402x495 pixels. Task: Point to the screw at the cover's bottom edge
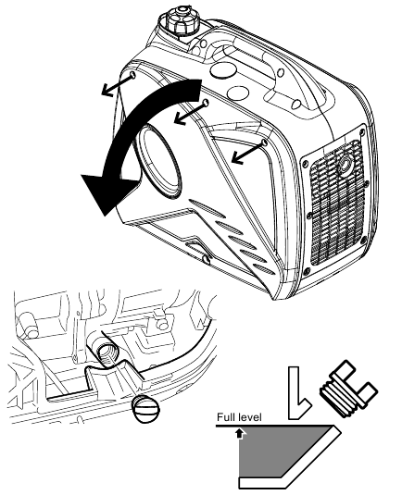pyautogui.click(x=204, y=260)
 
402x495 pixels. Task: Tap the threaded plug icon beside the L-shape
pyautogui.click(x=346, y=390)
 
